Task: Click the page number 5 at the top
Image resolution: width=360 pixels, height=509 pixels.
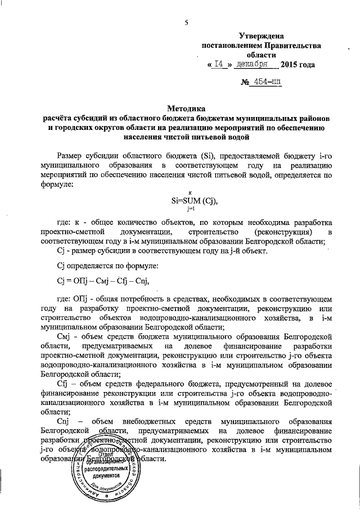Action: click(x=186, y=22)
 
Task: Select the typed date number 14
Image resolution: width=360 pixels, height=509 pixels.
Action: click(x=220, y=65)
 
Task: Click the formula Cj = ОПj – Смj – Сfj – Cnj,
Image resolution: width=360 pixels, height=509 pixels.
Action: click(x=105, y=282)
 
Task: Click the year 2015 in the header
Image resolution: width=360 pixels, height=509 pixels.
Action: click(x=290, y=65)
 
